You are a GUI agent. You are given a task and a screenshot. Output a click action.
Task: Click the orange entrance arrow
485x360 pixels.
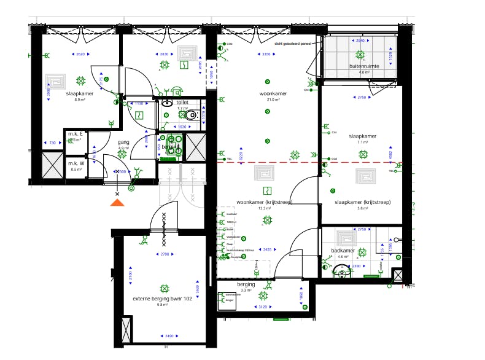(117, 203)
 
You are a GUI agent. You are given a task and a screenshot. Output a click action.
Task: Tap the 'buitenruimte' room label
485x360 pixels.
(364, 65)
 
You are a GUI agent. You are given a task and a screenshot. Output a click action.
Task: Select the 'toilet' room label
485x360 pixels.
(182, 103)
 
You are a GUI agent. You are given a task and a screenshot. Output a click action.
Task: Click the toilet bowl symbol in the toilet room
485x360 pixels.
(192, 114)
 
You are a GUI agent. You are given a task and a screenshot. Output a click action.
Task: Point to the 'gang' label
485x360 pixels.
(123, 142)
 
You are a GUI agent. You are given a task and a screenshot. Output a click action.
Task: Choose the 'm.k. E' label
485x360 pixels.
(76, 133)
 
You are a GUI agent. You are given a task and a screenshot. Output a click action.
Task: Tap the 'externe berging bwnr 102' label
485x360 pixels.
(163, 299)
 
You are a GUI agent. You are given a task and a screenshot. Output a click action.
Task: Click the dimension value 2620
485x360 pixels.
(80, 55)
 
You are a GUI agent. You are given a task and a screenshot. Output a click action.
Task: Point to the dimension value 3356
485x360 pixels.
(266, 55)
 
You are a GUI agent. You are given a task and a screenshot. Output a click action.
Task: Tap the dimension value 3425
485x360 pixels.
(266, 250)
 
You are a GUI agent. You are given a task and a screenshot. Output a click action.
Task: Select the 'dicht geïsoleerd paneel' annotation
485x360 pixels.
(292, 44)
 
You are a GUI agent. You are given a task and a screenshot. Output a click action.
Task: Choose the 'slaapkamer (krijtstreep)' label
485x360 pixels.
(362, 202)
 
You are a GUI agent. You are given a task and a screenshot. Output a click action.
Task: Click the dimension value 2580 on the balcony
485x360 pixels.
(360, 41)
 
